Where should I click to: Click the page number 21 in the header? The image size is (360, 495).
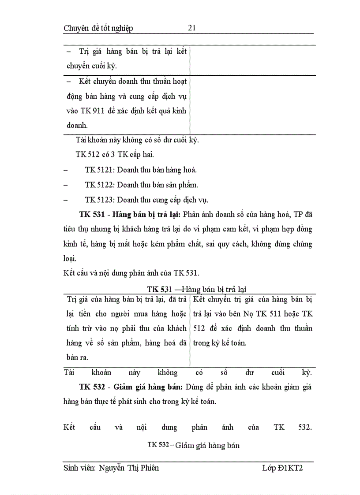pyautogui.click(x=191, y=28)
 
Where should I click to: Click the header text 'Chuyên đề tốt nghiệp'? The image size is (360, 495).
pyautogui.click(x=98, y=29)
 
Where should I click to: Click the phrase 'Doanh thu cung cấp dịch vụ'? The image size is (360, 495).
pyautogui.click(x=163, y=200)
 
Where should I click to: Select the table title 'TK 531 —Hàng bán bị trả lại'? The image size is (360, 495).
pyautogui.click(x=197, y=289)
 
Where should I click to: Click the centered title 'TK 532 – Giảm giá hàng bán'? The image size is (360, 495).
pyautogui.click(x=194, y=445)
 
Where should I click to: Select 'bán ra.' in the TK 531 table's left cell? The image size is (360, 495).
pyautogui.click(x=78, y=357)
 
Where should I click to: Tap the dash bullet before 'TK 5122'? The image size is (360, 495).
pyautogui.click(x=66, y=185)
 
